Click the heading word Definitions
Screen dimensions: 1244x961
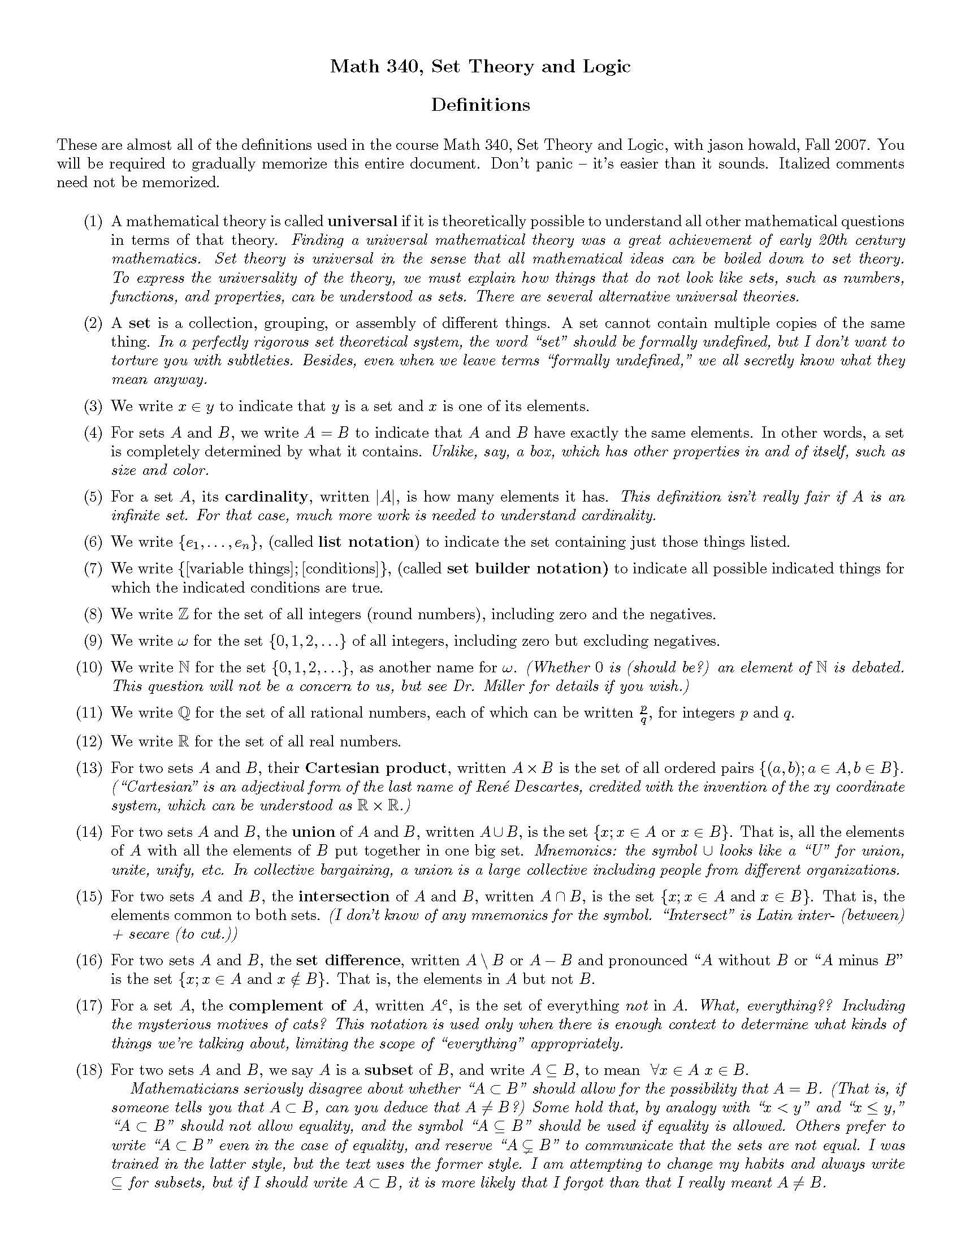[480, 105]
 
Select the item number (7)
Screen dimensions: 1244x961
[93, 568]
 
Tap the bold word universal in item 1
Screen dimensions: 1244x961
[363, 221]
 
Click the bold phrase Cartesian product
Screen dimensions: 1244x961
[376, 768]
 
